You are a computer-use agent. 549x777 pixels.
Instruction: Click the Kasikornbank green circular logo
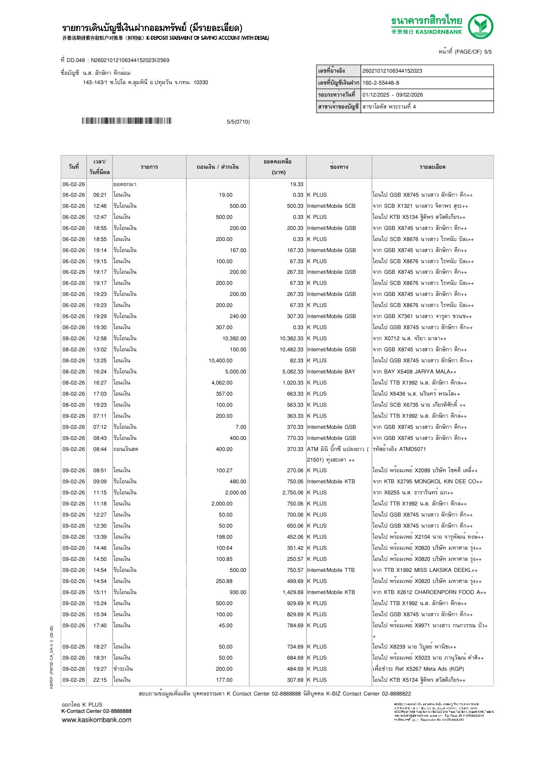[x=480, y=26]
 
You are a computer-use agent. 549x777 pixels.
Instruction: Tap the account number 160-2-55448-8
[x=381, y=83]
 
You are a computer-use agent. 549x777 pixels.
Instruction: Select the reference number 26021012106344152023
[x=392, y=71]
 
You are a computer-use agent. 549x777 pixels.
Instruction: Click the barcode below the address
[x=126, y=121]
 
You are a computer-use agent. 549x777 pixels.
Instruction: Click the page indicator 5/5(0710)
[x=238, y=122]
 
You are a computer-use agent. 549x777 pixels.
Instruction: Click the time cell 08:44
[x=100, y=449]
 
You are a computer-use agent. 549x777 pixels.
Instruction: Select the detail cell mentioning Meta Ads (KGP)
[x=418, y=669]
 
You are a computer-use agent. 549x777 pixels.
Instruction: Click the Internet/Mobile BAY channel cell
[x=331, y=372]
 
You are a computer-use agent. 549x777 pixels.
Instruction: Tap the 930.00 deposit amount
[x=238, y=592]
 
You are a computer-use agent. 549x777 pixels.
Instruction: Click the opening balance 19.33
[x=296, y=184]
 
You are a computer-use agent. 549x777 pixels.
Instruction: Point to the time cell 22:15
[x=100, y=680]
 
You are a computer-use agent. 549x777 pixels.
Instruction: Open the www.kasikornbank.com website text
[x=96, y=720]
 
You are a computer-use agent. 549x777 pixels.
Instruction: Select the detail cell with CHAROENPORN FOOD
[x=429, y=592]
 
